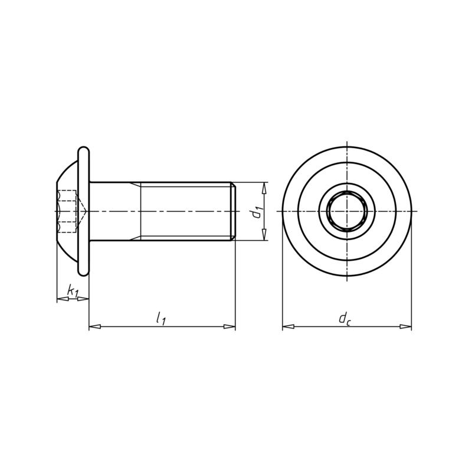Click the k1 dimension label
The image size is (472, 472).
tap(72, 290)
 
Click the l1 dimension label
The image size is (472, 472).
tap(160, 319)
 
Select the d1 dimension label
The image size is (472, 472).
tap(256, 211)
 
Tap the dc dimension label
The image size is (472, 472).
tap(345, 319)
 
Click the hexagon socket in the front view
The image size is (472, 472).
tap(347, 211)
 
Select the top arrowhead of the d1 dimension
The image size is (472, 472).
tap(264, 187)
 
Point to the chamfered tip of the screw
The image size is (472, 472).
tap(234, 211)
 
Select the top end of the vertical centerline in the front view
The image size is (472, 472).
tap(347, 143)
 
